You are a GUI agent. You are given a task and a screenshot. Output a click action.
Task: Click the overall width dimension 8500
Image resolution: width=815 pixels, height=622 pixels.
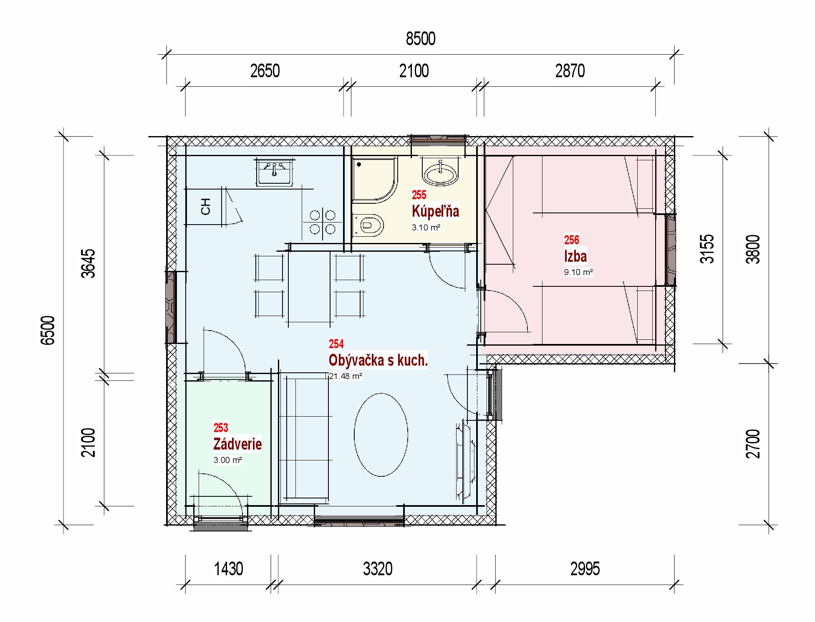421,39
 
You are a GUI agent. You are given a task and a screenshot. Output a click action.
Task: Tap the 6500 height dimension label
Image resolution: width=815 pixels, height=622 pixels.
48,331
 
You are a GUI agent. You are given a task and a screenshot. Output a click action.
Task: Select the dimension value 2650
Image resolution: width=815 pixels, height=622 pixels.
265,71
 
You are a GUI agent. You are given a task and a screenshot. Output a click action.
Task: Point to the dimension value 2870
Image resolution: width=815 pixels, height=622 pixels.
570,71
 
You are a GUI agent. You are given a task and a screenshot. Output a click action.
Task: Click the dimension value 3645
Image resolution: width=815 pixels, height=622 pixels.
88,263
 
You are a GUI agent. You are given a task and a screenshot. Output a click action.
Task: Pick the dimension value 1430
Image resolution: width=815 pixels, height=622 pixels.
228,569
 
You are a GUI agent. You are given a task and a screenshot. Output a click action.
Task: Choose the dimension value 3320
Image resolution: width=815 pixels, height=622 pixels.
378,569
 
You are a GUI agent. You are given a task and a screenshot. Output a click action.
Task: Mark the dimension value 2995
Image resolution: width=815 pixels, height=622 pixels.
585,569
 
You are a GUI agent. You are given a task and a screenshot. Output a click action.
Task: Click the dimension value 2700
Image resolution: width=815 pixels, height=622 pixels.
753,444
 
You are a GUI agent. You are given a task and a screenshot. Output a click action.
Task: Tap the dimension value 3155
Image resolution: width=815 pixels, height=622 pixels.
707,249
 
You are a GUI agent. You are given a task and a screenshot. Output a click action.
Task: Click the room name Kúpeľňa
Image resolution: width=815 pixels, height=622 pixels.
435,211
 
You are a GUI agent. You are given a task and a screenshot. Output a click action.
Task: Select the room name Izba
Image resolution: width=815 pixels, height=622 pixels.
575,256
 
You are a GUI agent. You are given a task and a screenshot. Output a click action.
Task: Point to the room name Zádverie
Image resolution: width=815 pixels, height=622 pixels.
237,444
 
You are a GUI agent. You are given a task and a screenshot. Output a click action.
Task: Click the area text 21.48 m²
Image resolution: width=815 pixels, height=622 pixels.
345,376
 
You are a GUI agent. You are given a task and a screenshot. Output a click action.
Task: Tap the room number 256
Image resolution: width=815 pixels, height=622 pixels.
571,240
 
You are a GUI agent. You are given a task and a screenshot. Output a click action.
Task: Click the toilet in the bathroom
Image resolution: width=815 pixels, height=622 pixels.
368,225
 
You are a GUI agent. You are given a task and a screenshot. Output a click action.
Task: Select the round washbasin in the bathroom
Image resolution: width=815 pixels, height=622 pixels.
440,172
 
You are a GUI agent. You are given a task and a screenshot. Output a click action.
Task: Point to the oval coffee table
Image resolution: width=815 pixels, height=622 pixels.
381,435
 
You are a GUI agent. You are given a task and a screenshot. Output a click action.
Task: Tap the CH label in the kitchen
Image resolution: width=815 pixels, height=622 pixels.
205,207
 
